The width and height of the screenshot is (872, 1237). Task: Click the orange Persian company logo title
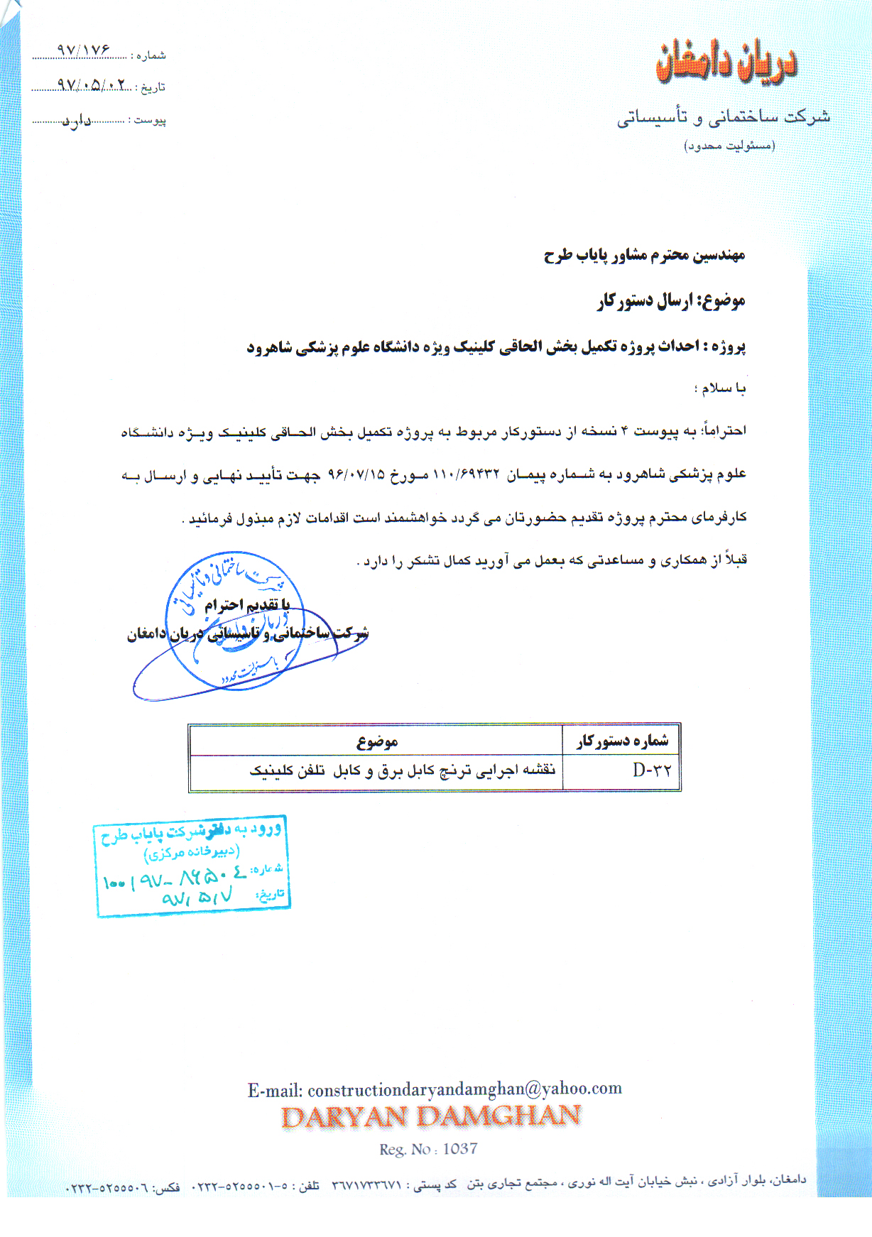click(x=726, y=62)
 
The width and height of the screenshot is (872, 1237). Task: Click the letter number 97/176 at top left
click(x=84, y=50)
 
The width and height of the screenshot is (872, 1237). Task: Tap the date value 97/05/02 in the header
click(x=93, y=85)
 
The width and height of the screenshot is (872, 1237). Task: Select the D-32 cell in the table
click(x=651, y=770)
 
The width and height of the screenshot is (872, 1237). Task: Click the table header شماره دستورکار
click(x=622, y=741)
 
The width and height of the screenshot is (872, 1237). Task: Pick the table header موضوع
click(x=376, y=742)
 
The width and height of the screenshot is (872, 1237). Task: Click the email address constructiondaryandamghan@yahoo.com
click(x=464, y=1089)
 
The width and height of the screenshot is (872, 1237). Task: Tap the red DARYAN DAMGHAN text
click(x=431, y=1117)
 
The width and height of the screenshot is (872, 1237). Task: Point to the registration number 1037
click(x=459, y=1149)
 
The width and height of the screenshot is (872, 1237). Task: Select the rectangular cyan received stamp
click(x=192, y=866)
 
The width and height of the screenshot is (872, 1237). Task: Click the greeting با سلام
click(x=720, y=388)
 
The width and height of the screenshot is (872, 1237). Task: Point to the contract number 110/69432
click(x=466, y=474)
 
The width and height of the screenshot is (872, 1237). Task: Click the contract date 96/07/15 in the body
click(x=356, y=474)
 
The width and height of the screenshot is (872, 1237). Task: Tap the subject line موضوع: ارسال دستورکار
click(x=670, y=301)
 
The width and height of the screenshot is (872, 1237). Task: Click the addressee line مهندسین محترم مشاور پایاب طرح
click(x=644, y=255)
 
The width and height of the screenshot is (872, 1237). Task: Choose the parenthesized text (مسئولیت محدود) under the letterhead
click(x=729, y=146)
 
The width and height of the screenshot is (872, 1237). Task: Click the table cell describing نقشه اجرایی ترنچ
click(x=402, y=771)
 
